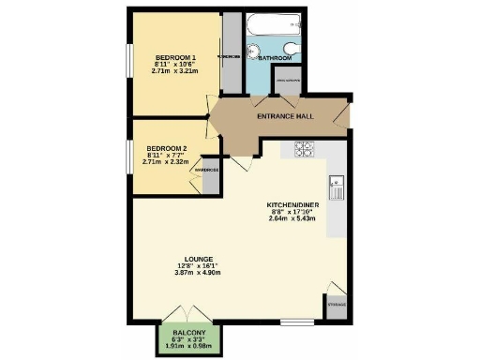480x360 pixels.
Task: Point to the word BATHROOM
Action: (x=275, y=58)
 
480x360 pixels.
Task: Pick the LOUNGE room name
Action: (x=199, y=258)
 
